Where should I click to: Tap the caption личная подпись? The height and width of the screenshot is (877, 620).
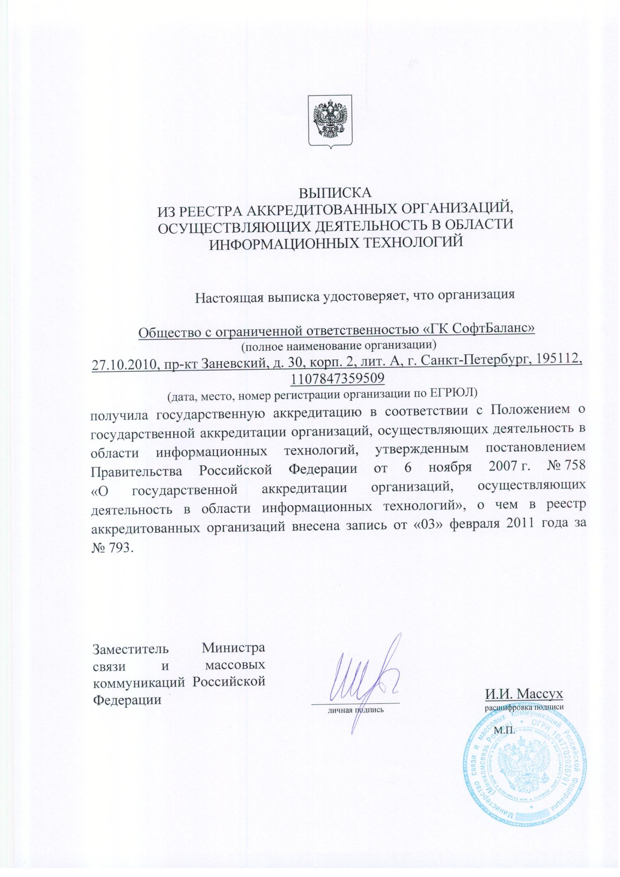click(355, 710)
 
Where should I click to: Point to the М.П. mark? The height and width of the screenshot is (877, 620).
click(504, 731)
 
